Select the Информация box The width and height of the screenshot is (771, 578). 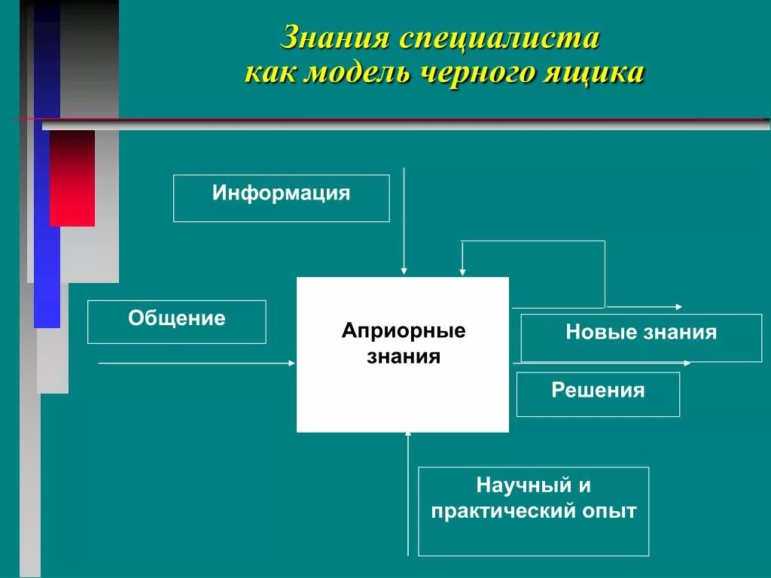tap(281, 198)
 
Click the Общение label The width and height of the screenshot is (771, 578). tap(177, 318)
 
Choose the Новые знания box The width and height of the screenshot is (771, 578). tap(641, 338)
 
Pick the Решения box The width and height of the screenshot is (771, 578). tap(598, 394)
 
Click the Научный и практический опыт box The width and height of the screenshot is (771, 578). tap(533, 511)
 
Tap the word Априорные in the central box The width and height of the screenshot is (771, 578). tap(404, 331)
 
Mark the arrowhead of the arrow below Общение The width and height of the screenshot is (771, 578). tap(292, 364)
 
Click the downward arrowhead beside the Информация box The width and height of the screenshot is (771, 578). tap(404, 270)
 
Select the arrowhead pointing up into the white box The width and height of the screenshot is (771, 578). tap(408, 435)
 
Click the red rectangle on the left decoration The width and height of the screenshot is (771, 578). tap(72, 178)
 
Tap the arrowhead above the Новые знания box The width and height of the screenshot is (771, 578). tap(679, 307)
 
